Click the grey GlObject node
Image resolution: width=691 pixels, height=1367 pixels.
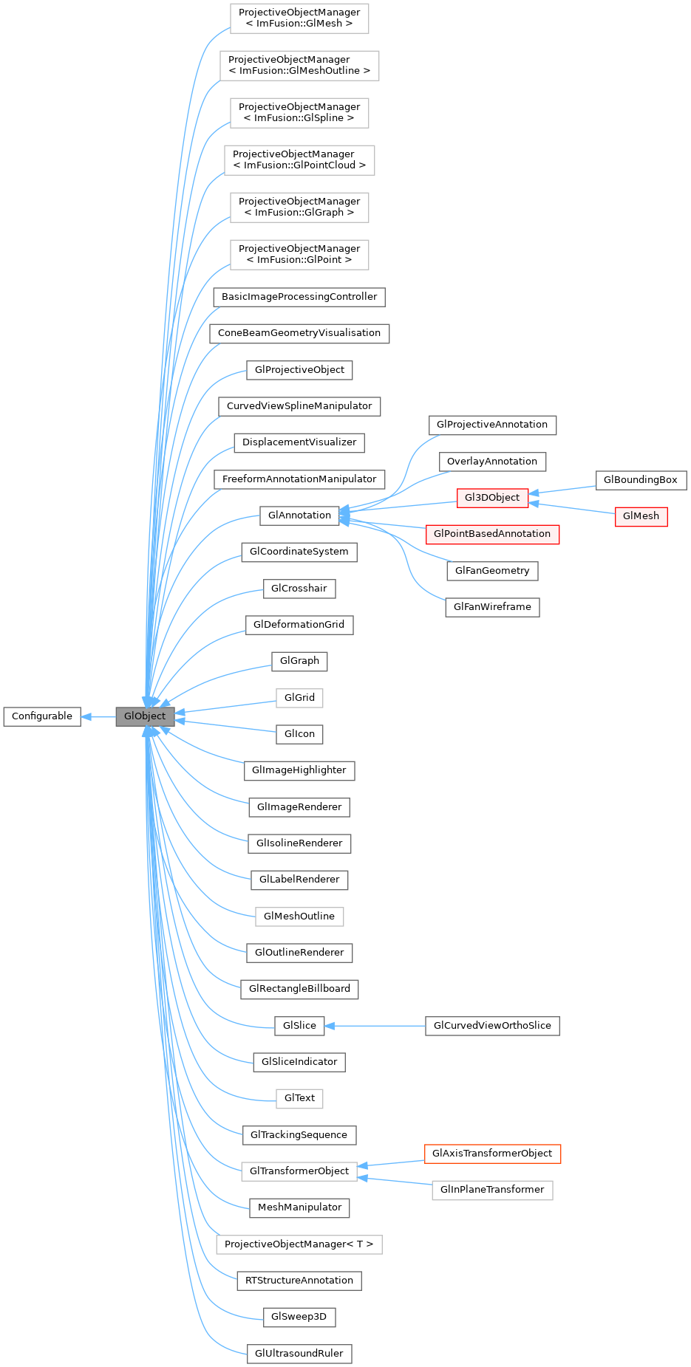click(145, 716)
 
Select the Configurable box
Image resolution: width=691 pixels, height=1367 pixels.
click(42, 716)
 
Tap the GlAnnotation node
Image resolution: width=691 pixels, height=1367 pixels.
click(299, 515)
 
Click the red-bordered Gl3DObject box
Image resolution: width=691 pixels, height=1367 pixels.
click(492, 498)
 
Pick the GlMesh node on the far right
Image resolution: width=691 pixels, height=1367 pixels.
click(641, 516)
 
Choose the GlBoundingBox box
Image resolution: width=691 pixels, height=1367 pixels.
click(640, 480)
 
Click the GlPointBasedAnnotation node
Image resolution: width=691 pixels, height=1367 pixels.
click(492, 534)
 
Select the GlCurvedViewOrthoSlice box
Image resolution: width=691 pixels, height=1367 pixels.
click(492, 1026)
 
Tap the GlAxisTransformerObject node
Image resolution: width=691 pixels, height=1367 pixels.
click(492, 1154)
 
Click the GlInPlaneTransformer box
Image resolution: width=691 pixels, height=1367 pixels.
click(492, 1190)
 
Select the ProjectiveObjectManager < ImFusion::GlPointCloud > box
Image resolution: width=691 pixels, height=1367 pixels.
click(299, 160)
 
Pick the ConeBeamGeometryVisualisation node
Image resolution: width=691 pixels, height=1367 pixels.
click(299, 333)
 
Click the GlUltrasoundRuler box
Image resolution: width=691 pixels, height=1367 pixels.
click(299, 1354)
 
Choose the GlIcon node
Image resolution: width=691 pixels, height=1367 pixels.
click(299, 734)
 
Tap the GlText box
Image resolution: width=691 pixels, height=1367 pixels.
click(299, 1098)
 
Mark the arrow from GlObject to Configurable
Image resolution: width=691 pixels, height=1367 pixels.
click(98, 716)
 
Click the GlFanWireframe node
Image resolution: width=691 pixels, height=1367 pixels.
click(492, 607)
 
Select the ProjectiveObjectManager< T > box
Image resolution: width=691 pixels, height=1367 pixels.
click(299, 1244)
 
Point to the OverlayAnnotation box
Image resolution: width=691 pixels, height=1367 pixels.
click(492, 462)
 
